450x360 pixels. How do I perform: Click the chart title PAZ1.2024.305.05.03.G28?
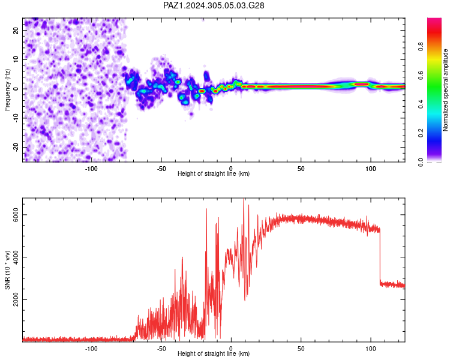pyautogui.click(x=214, y=5)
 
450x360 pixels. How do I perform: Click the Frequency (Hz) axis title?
pyautogui.click(x=7, y=90)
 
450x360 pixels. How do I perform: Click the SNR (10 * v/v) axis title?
pyautogui.click(x=7, y=270)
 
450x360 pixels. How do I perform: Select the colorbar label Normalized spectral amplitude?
pyautogui.click(x=445, y=90)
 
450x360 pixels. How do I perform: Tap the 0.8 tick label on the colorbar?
pyautogui.click(x=421, y=46)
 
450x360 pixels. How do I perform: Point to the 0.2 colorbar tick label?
pyautogui.click(x=421, y=133)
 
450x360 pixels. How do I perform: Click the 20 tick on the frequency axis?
pyautogui.click(x=16, y=30)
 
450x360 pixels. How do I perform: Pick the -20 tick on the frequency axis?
pyautogui.click(x=16, y=147)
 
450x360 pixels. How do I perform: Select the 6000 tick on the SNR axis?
pyautogui.click(x=16, y=215)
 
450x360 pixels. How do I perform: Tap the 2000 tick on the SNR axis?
pyautogui.click(x=16, y=300)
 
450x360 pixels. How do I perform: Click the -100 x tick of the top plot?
pyautogui.click(x=91, y=169)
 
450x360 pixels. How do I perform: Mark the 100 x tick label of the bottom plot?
pyautogui.click(x=371, y=349)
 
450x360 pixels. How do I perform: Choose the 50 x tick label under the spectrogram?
pyautogui.click(x=301, y=169)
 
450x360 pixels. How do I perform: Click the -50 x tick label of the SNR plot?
pyautogui.click(x=161, y=349)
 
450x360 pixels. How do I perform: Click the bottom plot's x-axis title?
pyautogui.click(x=214, y=353)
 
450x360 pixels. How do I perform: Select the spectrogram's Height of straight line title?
pyautogui.click(x=214, y=173)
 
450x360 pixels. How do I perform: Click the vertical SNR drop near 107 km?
pyautogui.click(x=380, y=256)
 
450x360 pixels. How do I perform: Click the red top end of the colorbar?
pyautogui.click(x=434, y=19)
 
